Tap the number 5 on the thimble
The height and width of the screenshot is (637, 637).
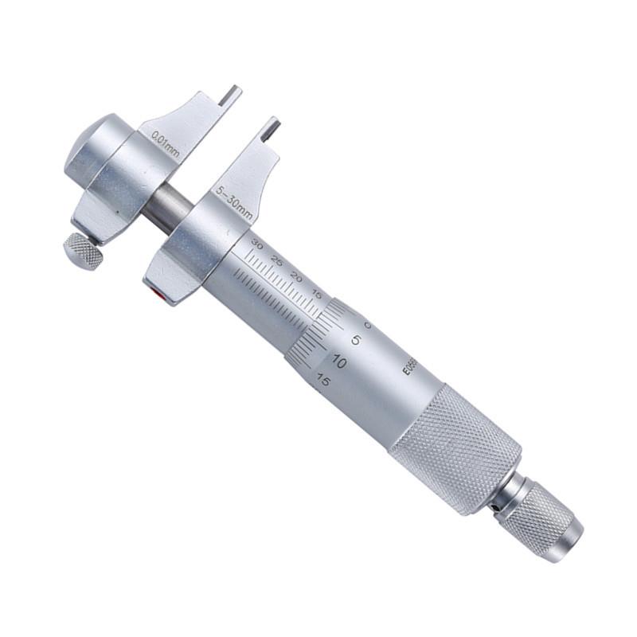pos(356,341)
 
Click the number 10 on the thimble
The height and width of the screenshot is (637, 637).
pos(338,361)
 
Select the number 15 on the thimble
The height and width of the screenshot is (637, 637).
pos(322,380)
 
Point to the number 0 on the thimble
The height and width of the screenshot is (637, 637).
pos(369,325)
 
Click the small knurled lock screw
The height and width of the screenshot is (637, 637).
pos(83,251)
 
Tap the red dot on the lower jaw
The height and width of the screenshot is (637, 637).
pos(164,297)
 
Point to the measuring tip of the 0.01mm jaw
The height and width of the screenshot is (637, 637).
pos(231,95)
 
